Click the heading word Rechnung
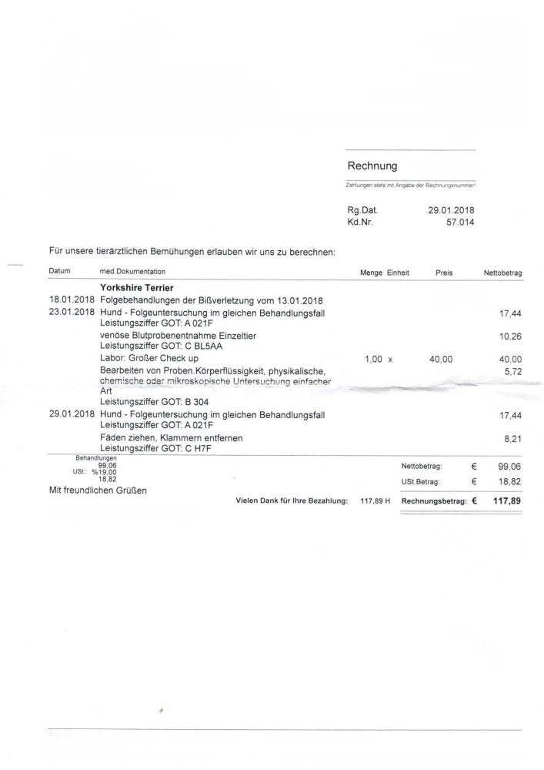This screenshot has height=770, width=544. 372,166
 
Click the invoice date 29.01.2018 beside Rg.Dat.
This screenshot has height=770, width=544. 452,209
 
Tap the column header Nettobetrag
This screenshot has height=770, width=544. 502,273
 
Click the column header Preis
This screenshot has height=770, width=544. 444,273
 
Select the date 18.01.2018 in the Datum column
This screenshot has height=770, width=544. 71,300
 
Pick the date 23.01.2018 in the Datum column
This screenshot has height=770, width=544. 71,313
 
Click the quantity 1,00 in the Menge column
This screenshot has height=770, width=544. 372,359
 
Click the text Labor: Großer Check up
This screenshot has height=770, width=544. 149,359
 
